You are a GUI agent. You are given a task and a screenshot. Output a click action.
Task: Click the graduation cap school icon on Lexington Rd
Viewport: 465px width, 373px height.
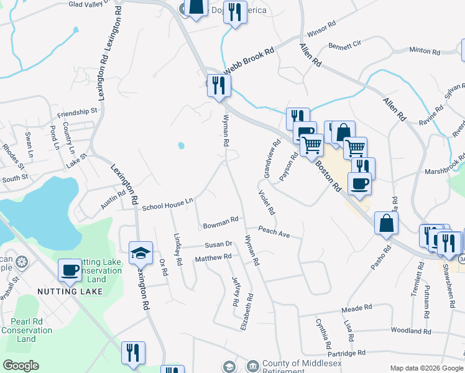[141, 252]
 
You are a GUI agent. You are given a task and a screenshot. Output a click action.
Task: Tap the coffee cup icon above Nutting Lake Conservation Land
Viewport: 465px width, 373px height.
[70, 270]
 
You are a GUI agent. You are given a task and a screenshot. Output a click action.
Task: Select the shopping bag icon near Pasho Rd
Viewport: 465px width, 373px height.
[386, 223]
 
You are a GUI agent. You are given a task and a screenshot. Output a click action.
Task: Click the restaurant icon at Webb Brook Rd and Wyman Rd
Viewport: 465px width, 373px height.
[219, 85]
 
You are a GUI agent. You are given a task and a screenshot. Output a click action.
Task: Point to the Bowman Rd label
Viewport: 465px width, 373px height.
[221, 221]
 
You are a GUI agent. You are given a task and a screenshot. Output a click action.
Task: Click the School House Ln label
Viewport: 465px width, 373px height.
[168, 205]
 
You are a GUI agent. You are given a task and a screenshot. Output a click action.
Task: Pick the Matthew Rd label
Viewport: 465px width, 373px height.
[213, 257]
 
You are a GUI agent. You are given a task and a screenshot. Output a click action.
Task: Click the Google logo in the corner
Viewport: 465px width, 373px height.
[21, 366]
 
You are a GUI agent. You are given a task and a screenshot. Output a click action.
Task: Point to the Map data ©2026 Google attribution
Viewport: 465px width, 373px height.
[426, 368]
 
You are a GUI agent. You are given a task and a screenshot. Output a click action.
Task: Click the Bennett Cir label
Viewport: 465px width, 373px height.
[344, 46]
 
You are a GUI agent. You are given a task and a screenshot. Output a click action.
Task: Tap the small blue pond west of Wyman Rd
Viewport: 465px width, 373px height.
[181, 146]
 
